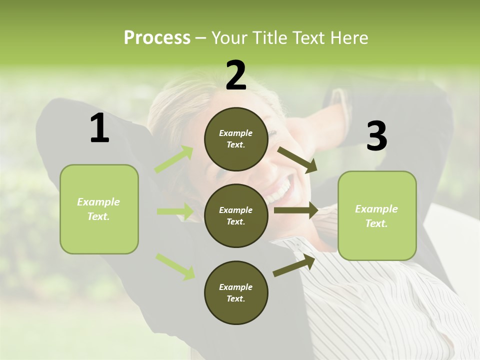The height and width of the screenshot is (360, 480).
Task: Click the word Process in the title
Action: tap(157, 38)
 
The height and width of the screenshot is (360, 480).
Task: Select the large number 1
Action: tap(99, 128)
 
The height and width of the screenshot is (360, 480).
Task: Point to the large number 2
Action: tap(236, 75)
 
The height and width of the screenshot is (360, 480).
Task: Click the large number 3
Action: tap(376, 136)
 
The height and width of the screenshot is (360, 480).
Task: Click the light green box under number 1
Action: tap(99, 209)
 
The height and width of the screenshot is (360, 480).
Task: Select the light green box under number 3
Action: tap(377, 216)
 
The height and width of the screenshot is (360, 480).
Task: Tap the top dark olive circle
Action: tap(236, 139)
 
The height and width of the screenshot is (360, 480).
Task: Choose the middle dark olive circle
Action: tap(236, 215)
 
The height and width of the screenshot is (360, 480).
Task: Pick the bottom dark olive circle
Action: tap(236, 292)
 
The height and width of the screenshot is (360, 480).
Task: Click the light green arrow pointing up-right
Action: tap(174, 159)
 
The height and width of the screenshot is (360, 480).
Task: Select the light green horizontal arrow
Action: tap(175, 211)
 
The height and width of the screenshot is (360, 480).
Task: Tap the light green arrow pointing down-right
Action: tap(175, 266)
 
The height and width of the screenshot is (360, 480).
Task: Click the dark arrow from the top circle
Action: tap(297, 159)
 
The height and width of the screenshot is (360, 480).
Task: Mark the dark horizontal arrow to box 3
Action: tap(295, 210)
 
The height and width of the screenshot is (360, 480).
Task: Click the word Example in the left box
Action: tap(98, 202)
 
